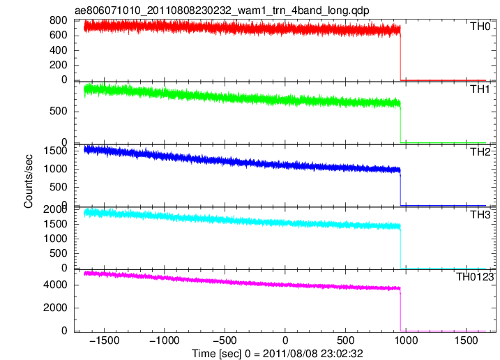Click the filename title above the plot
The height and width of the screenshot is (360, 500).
[222, 10]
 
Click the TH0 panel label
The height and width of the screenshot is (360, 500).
[480, 27]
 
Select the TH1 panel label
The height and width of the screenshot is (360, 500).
[480, 89]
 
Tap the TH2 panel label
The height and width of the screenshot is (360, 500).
[480, 152]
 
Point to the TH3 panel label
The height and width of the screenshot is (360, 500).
[480, 215]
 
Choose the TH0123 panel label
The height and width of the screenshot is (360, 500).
[475, 277]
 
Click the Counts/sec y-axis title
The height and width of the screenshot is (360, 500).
[29, 181]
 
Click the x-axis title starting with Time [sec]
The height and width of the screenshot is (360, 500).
[278, 354]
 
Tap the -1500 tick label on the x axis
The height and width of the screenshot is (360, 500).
[105, 340]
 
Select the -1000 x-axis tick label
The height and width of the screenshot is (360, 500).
[165, 340]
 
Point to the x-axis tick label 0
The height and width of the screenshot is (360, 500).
[285, 340]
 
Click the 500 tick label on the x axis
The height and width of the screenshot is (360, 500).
[345, 340]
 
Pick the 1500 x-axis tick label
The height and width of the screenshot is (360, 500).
[466, 340]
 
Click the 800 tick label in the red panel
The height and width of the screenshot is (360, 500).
[59, 20]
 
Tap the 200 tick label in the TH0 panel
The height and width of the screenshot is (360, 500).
[59, 65]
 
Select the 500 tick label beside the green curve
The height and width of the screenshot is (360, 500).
[59, 112]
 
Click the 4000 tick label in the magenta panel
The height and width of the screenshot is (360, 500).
[56, 285]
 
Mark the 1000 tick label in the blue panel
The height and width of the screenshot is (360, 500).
[56, 169]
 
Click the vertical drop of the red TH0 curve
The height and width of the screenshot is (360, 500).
[400, 54]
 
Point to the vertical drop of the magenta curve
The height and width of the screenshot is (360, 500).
[400, 310]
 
